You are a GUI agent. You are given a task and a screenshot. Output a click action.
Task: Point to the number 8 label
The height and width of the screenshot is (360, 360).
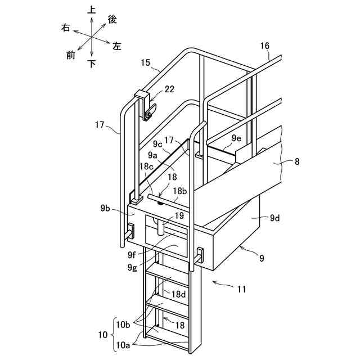pos(297,162)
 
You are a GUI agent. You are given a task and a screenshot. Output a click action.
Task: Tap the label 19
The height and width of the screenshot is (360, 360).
pos(178,215)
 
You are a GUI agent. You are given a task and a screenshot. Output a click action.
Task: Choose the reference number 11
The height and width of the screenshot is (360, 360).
pos(242,290)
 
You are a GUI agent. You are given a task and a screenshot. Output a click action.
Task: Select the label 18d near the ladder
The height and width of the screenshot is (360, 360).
pos(179,294)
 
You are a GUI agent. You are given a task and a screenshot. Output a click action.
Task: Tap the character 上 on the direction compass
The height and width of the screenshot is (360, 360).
pos(92,10)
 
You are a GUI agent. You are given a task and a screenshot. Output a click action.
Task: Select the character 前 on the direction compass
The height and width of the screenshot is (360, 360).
pos(70,55)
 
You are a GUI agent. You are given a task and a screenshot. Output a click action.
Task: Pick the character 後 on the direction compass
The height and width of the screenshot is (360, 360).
pos(112,19)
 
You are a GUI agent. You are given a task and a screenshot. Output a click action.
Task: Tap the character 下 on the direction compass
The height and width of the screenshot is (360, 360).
pos(92,64)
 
